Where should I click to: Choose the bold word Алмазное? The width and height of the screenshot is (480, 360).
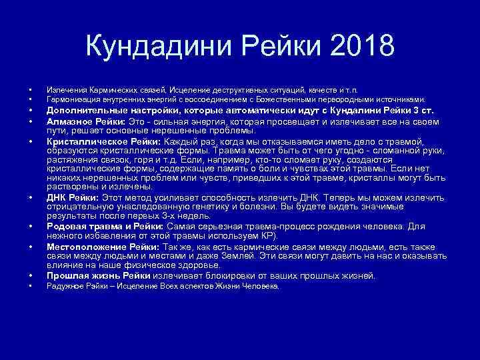click(68, 122)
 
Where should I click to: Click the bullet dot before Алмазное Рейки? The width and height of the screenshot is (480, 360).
click(30, 122)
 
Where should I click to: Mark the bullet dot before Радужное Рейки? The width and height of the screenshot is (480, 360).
click(30, 287)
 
